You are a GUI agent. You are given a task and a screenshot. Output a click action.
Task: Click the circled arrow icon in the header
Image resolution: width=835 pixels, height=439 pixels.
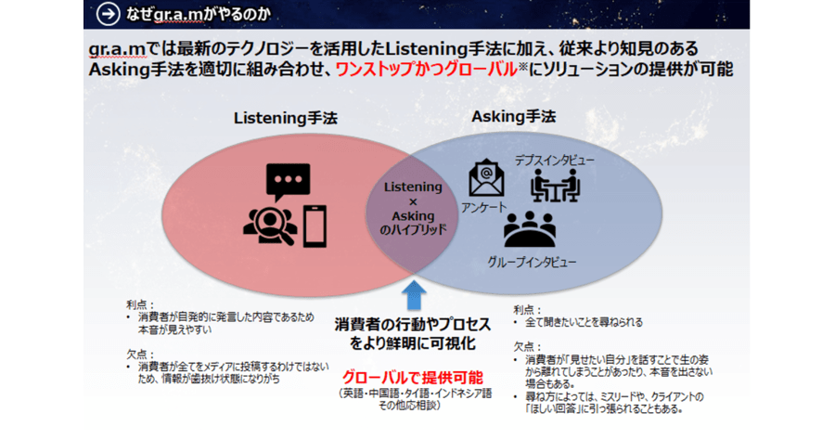(x=108, y=14)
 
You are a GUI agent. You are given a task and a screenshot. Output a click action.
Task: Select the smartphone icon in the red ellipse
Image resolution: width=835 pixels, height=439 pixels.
(x=315, y=226)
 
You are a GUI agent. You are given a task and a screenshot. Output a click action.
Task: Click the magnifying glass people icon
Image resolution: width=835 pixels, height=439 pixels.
(x=270, y=226)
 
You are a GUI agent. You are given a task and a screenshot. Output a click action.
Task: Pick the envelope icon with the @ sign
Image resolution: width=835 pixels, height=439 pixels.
(x=486, y=178)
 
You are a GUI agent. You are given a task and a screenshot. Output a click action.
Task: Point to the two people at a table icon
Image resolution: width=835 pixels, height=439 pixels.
(x=555, y=186)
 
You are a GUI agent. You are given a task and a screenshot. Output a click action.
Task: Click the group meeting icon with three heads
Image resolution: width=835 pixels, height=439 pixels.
(x=530, y=229)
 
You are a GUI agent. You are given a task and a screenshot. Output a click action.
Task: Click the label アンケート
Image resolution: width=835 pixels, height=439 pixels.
(x=483, y=208)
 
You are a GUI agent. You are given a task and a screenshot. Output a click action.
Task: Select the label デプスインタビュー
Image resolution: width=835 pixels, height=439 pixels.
(x=555, y=161)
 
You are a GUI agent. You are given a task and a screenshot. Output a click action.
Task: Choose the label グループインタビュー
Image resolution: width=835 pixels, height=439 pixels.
(x=532, y=262)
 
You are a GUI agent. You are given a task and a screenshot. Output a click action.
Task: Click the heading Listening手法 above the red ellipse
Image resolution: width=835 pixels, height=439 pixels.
(x=286, y=118)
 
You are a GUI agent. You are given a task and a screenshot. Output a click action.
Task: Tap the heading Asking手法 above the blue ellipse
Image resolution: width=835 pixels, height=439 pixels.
(x=513, y=117)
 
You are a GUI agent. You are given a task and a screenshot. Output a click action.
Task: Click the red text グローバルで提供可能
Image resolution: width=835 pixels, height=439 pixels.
(x=413, y=378)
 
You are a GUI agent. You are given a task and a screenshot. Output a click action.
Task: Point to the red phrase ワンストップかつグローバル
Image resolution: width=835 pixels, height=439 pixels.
(x=427, y=70)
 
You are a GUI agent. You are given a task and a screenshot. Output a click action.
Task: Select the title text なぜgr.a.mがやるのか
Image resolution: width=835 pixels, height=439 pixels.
(x=199, y=14)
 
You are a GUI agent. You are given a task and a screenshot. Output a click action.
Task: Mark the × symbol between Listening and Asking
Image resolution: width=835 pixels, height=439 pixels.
(x=413, y=202)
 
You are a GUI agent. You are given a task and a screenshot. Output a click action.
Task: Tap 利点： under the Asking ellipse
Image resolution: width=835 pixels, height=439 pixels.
(x=527, y=310)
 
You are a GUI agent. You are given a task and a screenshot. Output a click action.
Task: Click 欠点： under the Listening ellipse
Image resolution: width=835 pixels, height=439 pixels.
(x=141, y=355)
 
